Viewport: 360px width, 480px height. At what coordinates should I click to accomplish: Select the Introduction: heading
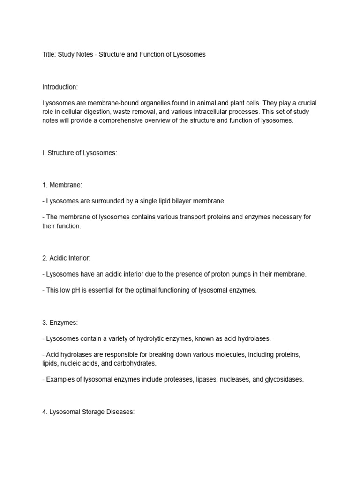pyautogui.click(x=60, y=87)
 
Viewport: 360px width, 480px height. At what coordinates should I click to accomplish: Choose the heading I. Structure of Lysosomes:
pyautogui.click(x=79, y=153)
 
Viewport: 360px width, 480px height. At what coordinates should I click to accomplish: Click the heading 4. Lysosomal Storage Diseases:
pyautogui.click(x=89, y=412)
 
